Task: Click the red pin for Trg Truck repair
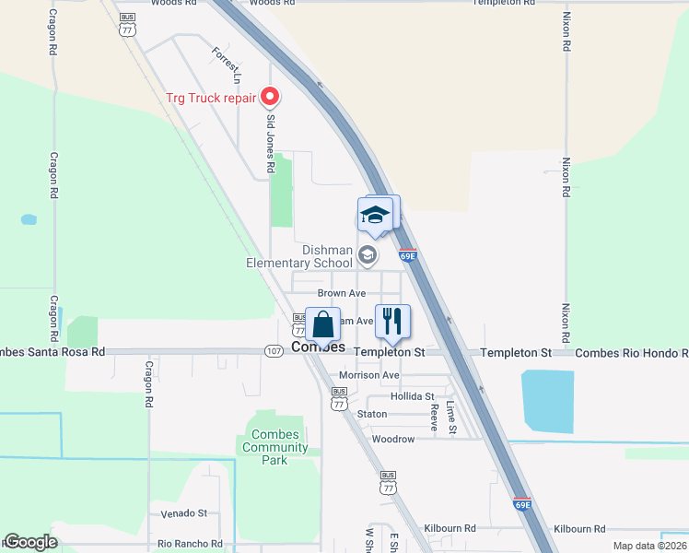270,96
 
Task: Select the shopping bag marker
322,325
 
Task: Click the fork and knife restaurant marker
392,322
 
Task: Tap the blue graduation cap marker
374,216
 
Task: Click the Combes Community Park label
275,447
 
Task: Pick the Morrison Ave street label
369,375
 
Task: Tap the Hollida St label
397,396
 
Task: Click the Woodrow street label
393,439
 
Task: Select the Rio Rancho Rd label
191,544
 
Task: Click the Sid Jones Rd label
271,144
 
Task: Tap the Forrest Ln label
226,61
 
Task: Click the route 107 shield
274,351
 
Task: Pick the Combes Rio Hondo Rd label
631,353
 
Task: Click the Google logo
30,542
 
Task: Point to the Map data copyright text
649,546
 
